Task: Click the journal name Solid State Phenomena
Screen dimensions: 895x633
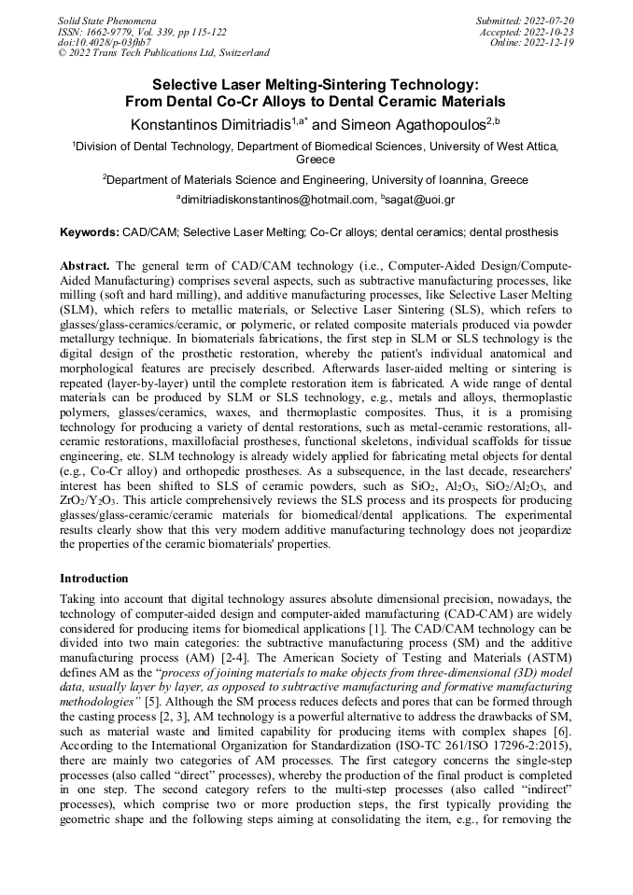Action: [107, 20]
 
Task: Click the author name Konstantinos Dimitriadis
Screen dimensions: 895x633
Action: [209, 123]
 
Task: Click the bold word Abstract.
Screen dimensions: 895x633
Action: [87, 266]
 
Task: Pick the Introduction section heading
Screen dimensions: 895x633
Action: [93, 579]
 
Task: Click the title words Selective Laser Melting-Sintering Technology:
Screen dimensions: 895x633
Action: [316, 83]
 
